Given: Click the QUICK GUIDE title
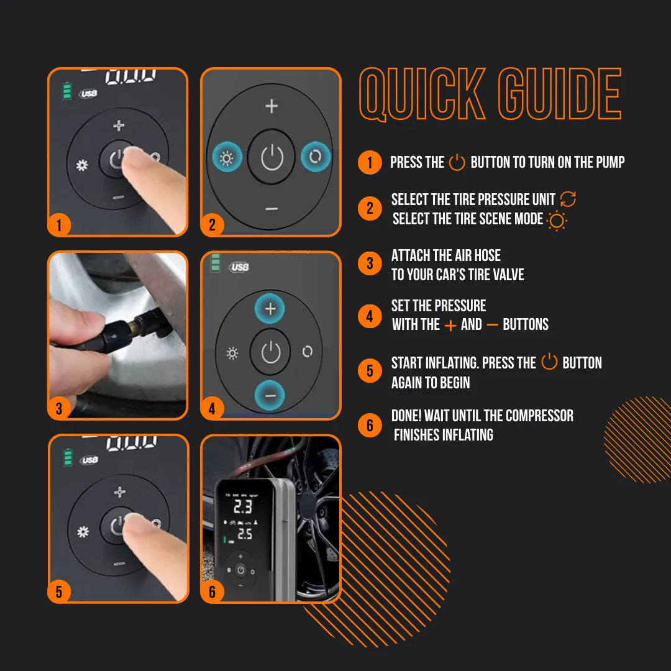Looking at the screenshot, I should point(490,94).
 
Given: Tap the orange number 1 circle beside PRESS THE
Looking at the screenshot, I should point(370,163).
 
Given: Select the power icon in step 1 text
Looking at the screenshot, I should point(457,163).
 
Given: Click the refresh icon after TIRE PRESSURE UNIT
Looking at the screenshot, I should point(568,199).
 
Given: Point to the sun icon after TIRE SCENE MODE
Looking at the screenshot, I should point(557,221).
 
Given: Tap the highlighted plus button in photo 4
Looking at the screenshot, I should point(270,309).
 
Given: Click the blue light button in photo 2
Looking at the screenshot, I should point(226,158).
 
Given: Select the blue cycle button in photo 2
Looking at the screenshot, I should point(315,158).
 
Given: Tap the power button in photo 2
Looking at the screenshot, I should point(272,158).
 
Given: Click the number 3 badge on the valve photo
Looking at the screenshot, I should point(59,408).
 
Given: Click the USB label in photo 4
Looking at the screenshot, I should point(239,267).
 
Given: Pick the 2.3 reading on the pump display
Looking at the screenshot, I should point(243,508).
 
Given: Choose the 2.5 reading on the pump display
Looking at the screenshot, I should point(244,534).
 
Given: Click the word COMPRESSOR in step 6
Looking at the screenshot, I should point(539,416).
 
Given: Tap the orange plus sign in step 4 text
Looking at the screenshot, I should point(450,325).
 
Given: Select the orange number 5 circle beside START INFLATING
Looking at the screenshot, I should point(370,372).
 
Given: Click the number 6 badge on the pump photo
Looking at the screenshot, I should point(212,591).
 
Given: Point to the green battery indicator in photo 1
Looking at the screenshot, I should point(66,92).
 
